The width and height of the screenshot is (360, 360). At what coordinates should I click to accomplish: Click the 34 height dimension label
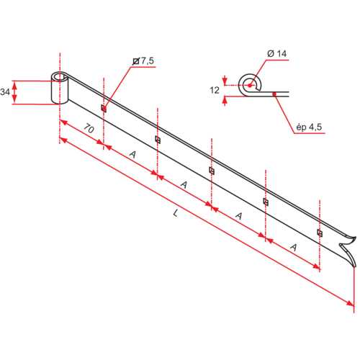coord(6,91)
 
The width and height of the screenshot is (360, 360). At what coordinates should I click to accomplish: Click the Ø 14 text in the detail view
coord(276,54)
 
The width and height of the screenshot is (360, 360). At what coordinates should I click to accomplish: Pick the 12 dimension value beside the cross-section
coord(214,89)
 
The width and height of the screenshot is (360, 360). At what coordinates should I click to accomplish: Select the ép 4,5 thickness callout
coord(307,127)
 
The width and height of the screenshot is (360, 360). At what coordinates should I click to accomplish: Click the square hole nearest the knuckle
coord(104,109)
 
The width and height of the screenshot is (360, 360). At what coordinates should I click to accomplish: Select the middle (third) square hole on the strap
coord(212,170)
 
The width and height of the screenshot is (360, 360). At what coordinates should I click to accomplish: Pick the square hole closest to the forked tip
coord(320,233)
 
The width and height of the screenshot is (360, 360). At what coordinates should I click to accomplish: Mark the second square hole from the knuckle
coord(158,139)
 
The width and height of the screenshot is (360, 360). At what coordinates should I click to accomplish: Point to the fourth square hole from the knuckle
coord(266,202)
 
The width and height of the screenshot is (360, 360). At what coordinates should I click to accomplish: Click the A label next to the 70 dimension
coord(132,154)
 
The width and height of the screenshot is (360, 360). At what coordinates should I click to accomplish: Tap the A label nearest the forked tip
coord(294,247)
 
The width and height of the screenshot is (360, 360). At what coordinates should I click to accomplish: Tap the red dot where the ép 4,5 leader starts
coord(274,93)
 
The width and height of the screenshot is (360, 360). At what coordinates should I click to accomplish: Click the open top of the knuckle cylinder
coord(60,76)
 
